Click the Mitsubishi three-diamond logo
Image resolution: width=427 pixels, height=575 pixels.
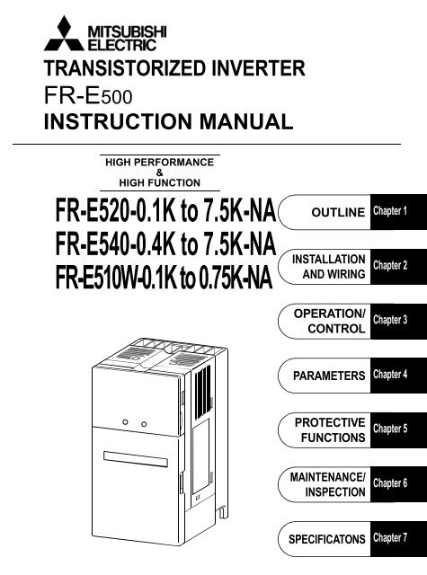64,34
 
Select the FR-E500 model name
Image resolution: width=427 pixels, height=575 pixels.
88,96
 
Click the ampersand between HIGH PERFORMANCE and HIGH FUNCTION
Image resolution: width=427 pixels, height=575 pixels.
160,172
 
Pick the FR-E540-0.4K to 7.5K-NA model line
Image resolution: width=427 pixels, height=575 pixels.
165,243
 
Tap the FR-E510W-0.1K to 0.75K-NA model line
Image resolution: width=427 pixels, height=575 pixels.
164,278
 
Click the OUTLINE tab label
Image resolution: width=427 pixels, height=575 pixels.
338,212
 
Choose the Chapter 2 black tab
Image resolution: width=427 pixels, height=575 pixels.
398,267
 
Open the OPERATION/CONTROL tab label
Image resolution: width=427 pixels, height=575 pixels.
329,322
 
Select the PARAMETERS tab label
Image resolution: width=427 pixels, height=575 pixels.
329,376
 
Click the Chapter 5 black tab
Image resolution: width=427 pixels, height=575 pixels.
398,430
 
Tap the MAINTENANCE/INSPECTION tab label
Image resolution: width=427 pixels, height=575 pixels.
327,484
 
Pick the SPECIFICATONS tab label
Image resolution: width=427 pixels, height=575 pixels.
327,539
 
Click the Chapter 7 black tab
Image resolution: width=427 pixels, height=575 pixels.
398,539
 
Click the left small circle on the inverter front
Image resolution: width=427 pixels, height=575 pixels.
125,422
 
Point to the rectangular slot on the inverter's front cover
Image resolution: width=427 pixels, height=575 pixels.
136,459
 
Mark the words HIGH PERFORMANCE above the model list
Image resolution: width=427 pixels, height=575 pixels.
160,162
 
